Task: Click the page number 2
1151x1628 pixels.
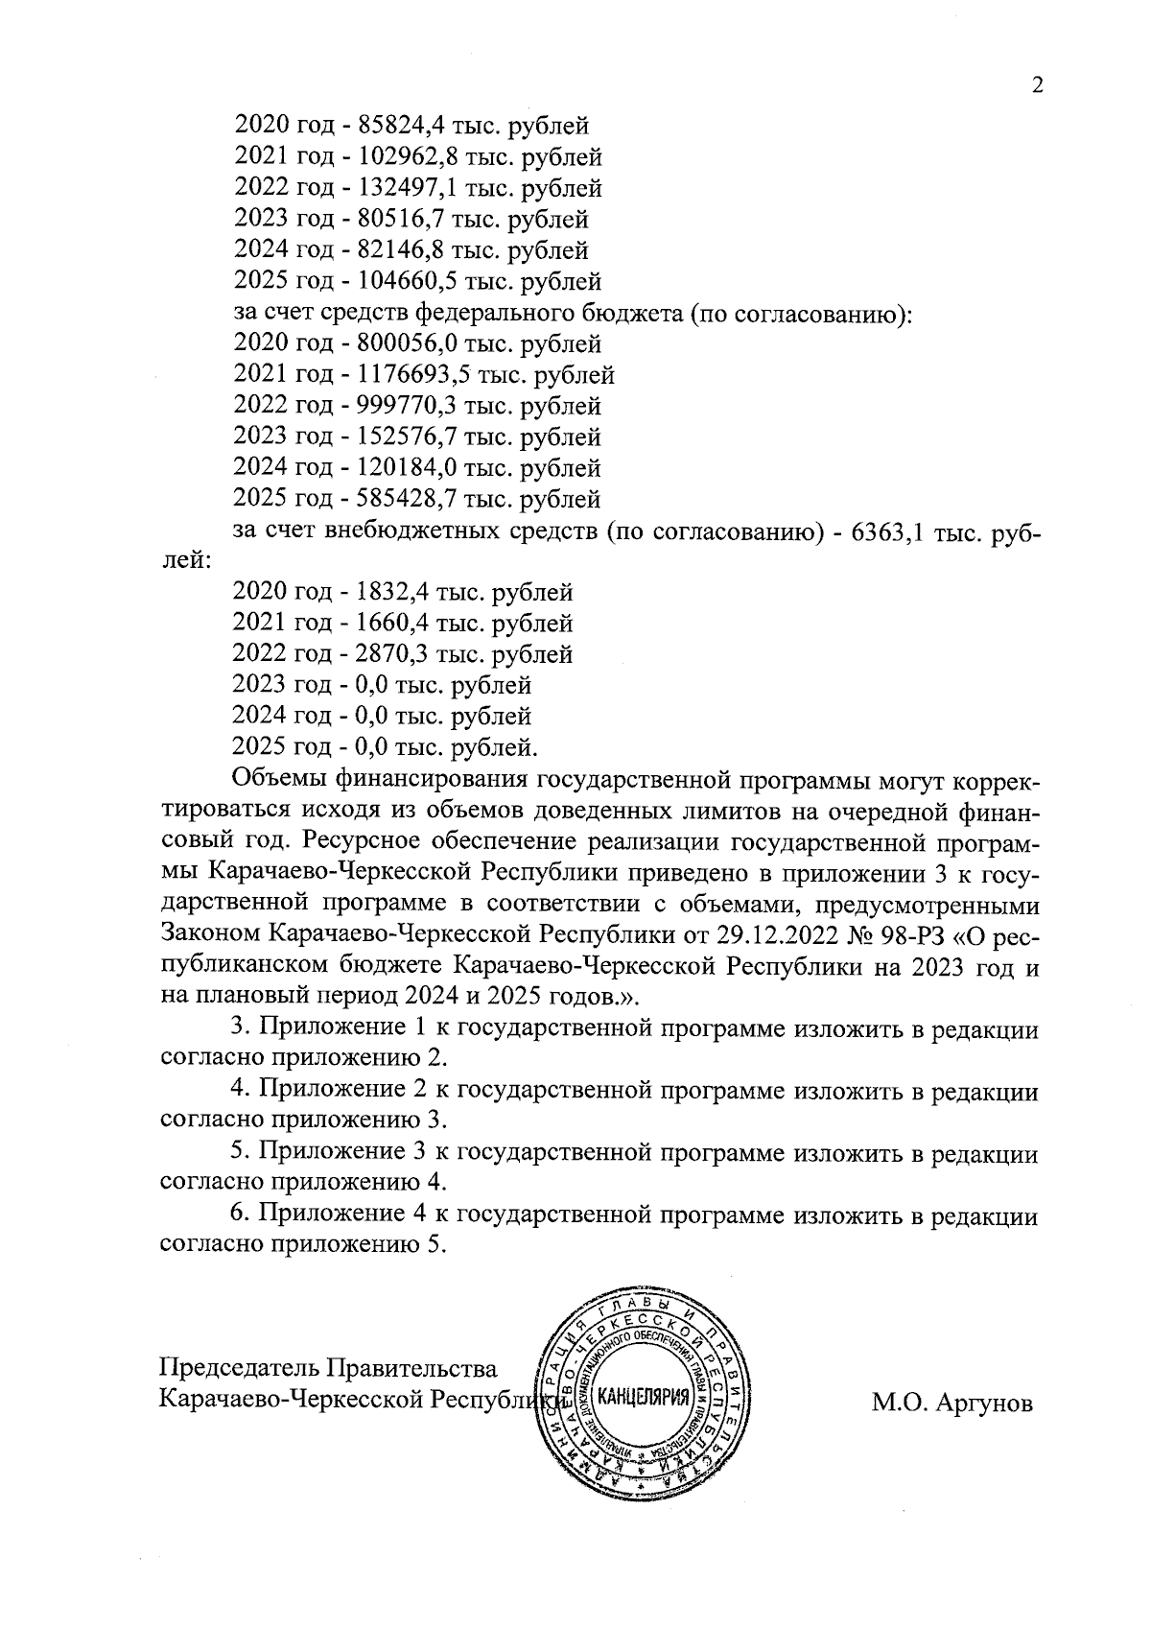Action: (x=1036, y=85)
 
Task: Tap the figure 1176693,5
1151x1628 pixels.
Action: (x=412, y=374)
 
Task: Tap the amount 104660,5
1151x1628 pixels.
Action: (x=406, y=281)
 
